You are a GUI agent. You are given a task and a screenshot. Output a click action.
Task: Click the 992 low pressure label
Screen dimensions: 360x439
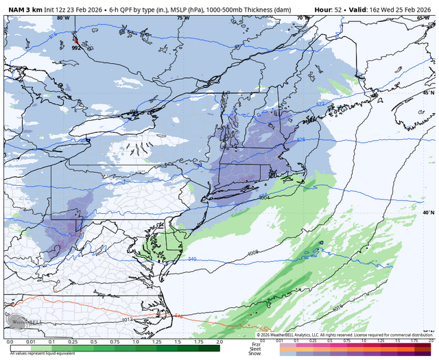76,47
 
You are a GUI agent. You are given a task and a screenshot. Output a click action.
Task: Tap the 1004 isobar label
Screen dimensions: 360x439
264,197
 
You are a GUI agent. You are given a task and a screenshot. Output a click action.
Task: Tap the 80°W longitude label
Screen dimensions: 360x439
63,18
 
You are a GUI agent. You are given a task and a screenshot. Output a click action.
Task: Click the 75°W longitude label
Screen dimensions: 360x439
180,18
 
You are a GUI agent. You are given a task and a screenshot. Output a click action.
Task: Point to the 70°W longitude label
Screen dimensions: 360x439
300,18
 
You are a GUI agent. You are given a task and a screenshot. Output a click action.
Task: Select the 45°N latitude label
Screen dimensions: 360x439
428,93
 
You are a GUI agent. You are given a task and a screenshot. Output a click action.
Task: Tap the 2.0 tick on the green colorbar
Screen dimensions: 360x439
219,341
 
